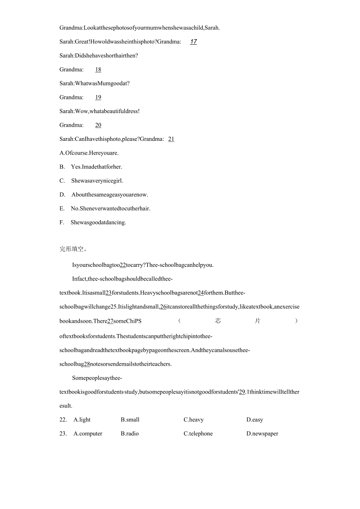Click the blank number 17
193,41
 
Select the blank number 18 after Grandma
98,70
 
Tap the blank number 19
98,97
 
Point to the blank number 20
98,125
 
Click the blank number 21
171,139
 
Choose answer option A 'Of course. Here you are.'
89,153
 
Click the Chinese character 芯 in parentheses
218,321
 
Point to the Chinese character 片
257,321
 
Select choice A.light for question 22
82,420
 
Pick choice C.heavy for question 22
194,420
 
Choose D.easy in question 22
255,420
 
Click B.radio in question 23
130,434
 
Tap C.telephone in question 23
198,434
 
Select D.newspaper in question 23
262,434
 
